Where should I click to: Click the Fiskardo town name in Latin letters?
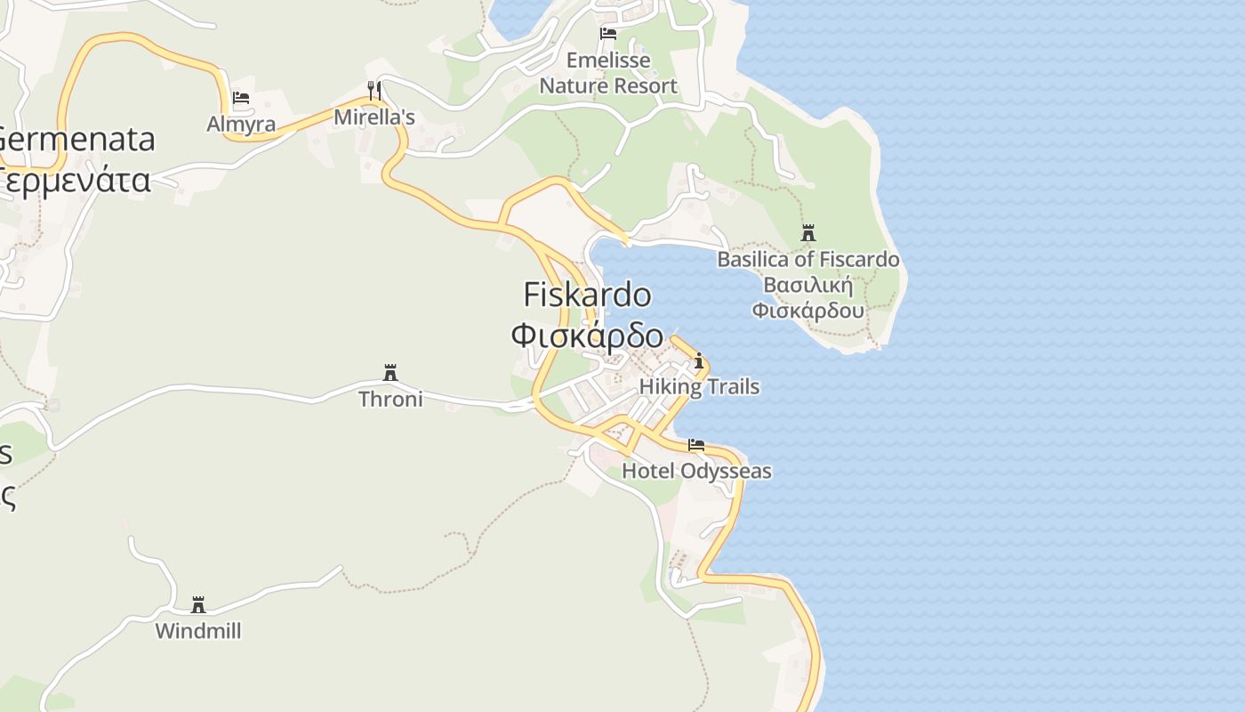point(587,295)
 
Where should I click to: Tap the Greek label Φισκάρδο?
point(587,336)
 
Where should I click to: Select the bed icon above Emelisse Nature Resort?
point(608,34)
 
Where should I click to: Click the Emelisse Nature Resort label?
point(608,73)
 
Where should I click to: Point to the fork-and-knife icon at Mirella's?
point(374,90)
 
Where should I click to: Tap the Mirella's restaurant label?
point(374,117)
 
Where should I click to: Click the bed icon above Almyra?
point(241,98)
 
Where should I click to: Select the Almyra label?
point(241,124)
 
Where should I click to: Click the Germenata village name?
point(77,139)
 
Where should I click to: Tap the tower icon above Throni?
point(390,372)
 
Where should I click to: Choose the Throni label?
point(390,399)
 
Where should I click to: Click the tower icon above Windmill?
point(198,605)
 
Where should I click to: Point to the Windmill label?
point(198,631)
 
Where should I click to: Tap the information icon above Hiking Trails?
point(699,360)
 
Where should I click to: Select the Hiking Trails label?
point(699,386)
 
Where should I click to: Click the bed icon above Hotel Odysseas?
point(696,445)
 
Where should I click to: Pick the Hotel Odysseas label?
point(696,471)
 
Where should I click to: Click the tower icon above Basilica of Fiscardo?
point(808,233)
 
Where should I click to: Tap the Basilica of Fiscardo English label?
point(808,260)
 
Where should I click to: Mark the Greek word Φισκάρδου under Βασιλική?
point(808,311)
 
